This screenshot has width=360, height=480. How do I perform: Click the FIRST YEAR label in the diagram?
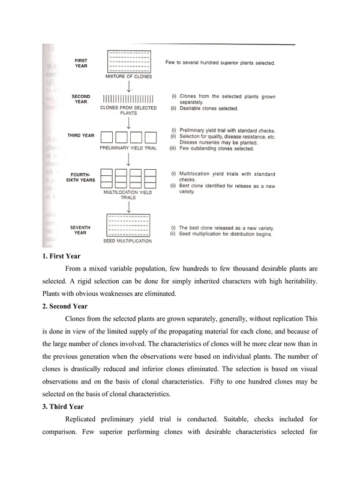click(81, 63)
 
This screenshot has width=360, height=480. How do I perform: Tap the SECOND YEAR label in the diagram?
click(81, 99)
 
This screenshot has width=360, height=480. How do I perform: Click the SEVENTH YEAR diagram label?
click(81, 230)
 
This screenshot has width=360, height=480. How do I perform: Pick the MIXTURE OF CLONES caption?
click(128, 77)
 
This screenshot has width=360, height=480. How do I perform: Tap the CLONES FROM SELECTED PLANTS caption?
click(128, 110)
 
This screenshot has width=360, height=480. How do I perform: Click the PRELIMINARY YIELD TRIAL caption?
click(128, 148)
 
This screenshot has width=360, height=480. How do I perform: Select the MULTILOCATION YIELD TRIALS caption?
click(128, 196)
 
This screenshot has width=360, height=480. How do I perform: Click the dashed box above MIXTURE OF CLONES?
click(128, 62)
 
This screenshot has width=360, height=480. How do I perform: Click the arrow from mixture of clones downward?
click(129, 86)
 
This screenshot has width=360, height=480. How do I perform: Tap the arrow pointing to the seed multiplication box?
click(129, 206)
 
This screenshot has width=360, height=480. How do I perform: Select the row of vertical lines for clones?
click(128, 99)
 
